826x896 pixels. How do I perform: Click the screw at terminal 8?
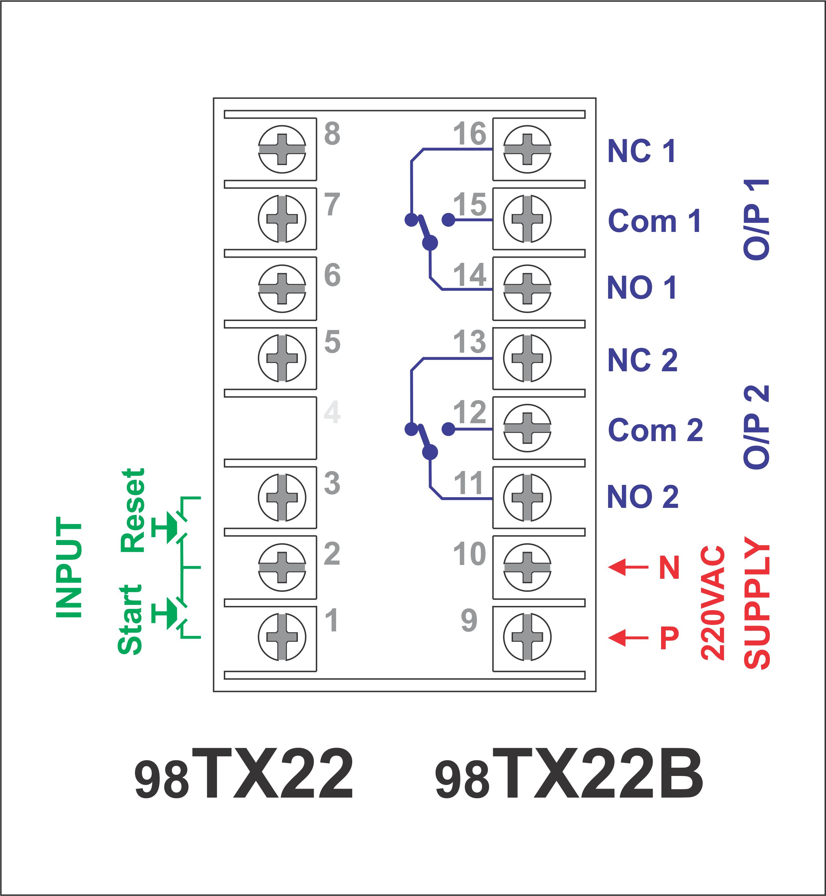tap(282, 149)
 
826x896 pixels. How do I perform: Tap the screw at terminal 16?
tap(527, 149)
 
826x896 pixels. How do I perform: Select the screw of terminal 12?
tap(527, 428)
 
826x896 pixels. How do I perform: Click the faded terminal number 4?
tap(332, 412)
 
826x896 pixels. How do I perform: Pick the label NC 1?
tap(641, 151)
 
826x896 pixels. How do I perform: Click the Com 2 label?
tap(655, 430)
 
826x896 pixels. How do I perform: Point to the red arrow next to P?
tap(628, 637)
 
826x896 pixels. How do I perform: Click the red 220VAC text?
tap(713, 603)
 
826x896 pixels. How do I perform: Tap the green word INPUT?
tap(69, 568)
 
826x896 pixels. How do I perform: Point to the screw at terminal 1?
tap(282, 637)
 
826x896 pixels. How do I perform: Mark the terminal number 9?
tap(469, 620)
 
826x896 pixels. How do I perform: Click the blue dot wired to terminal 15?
tap(448, 220)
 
